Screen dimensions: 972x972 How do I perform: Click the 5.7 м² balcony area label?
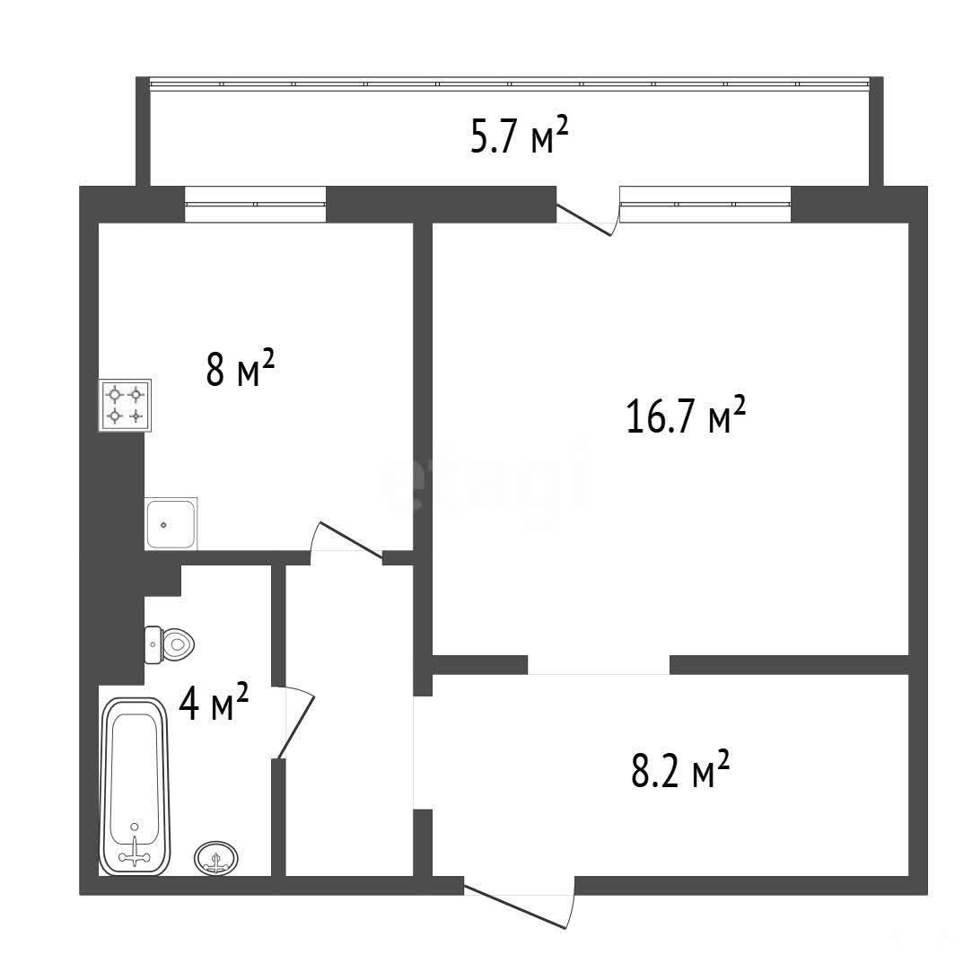coord(520,136)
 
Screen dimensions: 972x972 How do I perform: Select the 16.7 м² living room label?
coord(686,415)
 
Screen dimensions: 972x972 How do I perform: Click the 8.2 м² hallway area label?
coord(680,768)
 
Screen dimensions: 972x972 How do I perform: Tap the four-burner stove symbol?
coord(125,405)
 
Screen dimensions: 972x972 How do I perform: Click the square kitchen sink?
coord(171,524)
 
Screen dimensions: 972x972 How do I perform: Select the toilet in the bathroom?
coord(170,644)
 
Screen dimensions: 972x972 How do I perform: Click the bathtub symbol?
coord(135,786)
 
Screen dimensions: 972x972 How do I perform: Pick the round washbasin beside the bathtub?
coord(216,859)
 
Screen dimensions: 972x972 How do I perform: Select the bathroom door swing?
coord(294,722)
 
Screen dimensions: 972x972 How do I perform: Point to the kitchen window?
coord(256,204)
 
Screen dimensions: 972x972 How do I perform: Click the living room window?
coord(705,204)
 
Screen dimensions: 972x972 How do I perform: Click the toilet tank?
coord(153,644)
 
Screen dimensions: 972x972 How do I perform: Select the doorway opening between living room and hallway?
coord(599,664)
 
